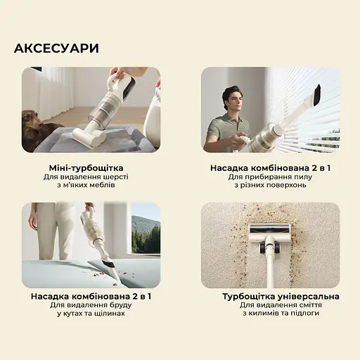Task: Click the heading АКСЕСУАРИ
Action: tap(56, 49)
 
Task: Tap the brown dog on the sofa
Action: tap(39, 127)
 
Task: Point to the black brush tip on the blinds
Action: tap(316, 94)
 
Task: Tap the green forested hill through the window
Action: tap(146, 232)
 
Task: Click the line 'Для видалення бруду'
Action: tap(91, 306)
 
